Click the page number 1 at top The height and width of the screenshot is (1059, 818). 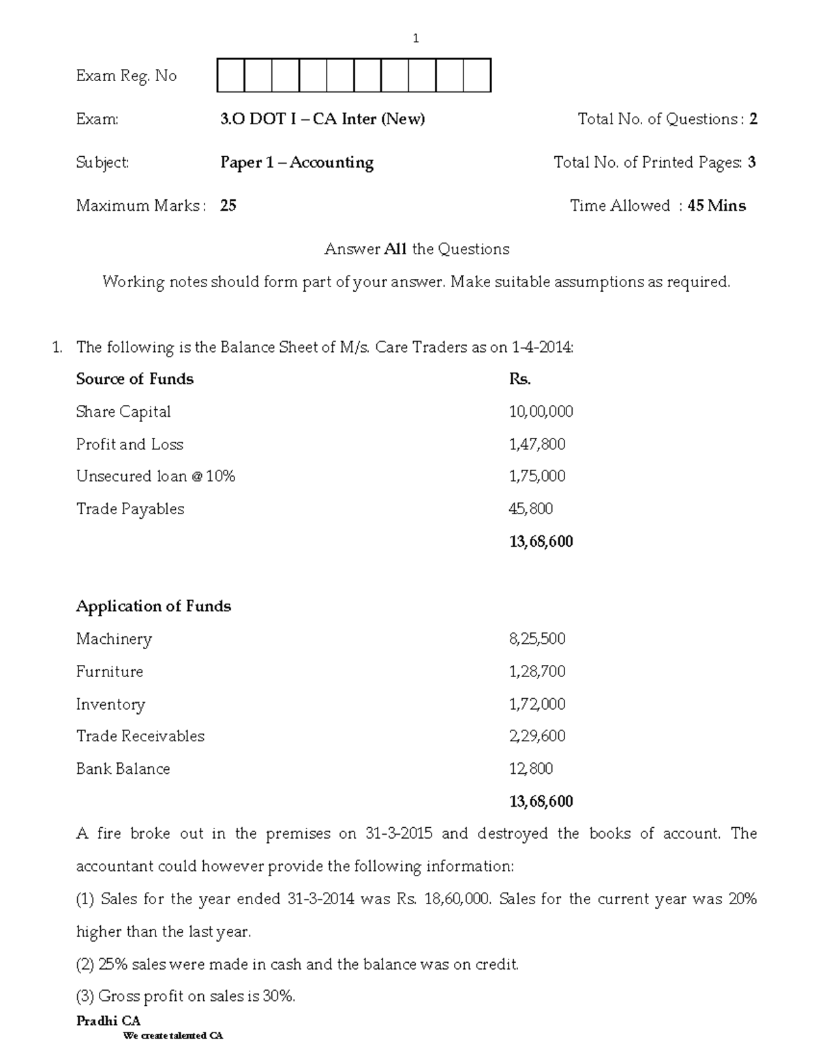[416, 39]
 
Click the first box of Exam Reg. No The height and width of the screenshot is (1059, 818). [230, 76]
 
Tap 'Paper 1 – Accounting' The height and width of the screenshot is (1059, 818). [297, 162]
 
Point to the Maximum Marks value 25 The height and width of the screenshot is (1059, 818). [228, 206]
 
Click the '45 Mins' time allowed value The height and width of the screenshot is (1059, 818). [716, 206]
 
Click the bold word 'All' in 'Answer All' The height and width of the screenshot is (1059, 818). [395, 249]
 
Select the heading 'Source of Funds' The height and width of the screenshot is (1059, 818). [135, 379]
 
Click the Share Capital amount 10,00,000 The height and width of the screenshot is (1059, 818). [541, 412]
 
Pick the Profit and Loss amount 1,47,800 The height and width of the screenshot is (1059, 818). [537, 445]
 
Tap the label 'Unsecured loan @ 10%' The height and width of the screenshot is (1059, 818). [155, 476]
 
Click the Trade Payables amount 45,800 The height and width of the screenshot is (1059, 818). [531, 509]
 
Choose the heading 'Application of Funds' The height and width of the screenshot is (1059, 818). [153, 606]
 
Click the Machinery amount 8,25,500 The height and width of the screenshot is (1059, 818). [537, 639]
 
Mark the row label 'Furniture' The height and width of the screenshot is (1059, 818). [110, 672]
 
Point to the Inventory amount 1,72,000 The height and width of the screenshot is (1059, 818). [537, 704]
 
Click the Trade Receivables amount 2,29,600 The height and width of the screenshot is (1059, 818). [537, 736]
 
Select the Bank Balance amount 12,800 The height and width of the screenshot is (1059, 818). [531, 769]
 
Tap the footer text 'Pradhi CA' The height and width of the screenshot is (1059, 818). [108, 1021]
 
